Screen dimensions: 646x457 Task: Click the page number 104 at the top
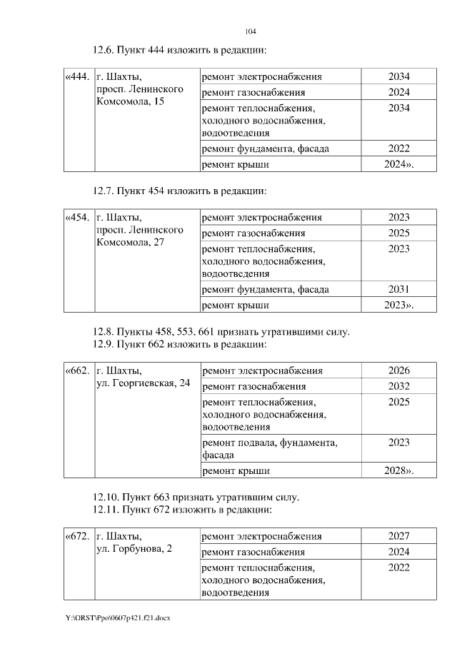(250, 32)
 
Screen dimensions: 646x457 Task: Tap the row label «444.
(78, 76)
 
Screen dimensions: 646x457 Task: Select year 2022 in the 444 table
(399, 149)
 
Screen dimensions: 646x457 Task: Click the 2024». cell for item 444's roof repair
(399, 164)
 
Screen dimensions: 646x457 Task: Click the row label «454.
(78, 217)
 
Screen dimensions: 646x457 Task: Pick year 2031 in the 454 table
(399, 290)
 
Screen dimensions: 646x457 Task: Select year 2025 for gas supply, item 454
(399, 233)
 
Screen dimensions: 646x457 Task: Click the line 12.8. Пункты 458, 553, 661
(221, 332)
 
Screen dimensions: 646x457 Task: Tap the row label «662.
(78, 370)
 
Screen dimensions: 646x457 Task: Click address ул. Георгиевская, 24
(144, 384)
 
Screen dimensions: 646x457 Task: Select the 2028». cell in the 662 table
(399, 471)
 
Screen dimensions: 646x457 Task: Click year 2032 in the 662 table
(399, 386)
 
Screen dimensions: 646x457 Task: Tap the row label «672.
(78, 536)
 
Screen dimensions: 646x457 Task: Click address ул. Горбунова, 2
(134, 550)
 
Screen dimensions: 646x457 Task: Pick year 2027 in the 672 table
(399, 536)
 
